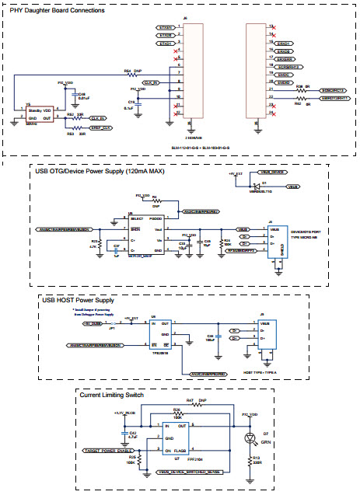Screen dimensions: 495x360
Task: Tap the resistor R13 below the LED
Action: click(x=249, y=459)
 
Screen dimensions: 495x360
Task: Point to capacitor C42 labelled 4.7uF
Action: click(x=124, y=434)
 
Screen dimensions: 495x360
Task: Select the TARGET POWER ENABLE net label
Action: click(x=107, y=450)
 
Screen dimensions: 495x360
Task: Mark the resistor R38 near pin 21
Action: click(x=298, y=91)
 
